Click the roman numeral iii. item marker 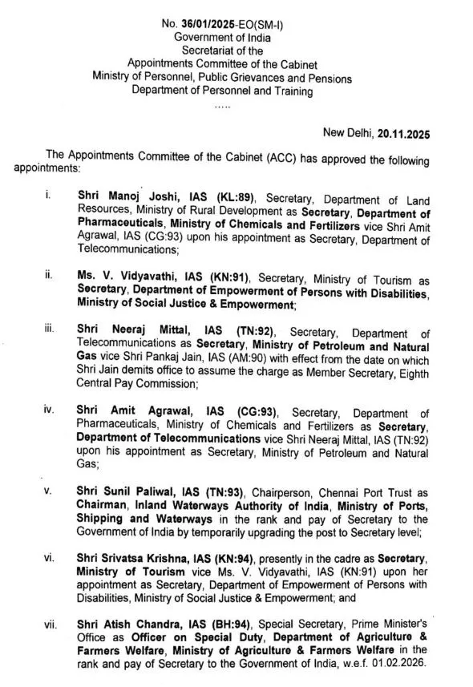49,332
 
